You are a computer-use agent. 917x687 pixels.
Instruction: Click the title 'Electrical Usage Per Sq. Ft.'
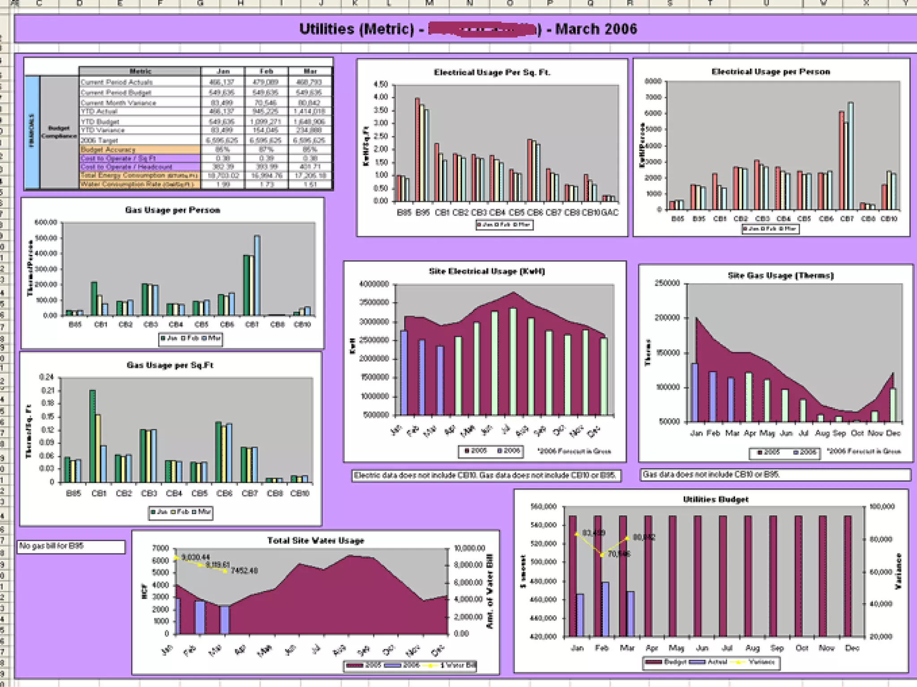(492, 72)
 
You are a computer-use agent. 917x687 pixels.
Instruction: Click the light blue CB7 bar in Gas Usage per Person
(257, 276)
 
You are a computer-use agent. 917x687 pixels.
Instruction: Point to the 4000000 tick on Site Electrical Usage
(374, 284)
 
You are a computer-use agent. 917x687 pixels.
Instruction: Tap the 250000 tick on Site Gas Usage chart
(667, 283)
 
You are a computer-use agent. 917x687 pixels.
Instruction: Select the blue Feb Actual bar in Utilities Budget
(605, 609)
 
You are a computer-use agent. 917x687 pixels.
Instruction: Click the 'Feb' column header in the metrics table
(266, 71)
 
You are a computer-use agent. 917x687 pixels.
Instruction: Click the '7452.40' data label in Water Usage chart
(244, 571)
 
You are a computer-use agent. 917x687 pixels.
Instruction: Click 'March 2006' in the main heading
(596, 29)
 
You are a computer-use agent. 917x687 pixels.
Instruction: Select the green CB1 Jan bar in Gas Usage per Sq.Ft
(92, 436)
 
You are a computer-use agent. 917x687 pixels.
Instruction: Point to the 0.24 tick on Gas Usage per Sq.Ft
(47, 377)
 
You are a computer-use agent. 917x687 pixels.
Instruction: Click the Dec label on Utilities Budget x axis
(852, 648)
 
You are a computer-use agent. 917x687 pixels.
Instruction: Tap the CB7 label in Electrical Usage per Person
(847, 219)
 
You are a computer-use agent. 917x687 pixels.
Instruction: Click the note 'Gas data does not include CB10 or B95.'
(711, 475)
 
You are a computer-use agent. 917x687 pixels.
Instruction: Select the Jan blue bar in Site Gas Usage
(694, 392)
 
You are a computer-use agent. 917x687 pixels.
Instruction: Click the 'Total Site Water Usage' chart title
(316, 541)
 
